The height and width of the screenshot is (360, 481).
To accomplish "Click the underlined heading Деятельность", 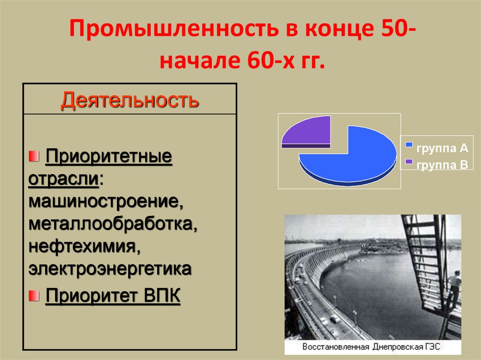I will point(129,100).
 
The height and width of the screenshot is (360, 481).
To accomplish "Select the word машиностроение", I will point(106,202).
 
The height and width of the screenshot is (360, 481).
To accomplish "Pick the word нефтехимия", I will point(85,247).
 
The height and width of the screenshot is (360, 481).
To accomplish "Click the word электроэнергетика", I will point(110,269).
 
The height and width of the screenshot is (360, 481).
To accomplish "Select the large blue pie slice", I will point(357,157).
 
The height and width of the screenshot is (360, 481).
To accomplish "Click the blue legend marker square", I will point(409,145).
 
